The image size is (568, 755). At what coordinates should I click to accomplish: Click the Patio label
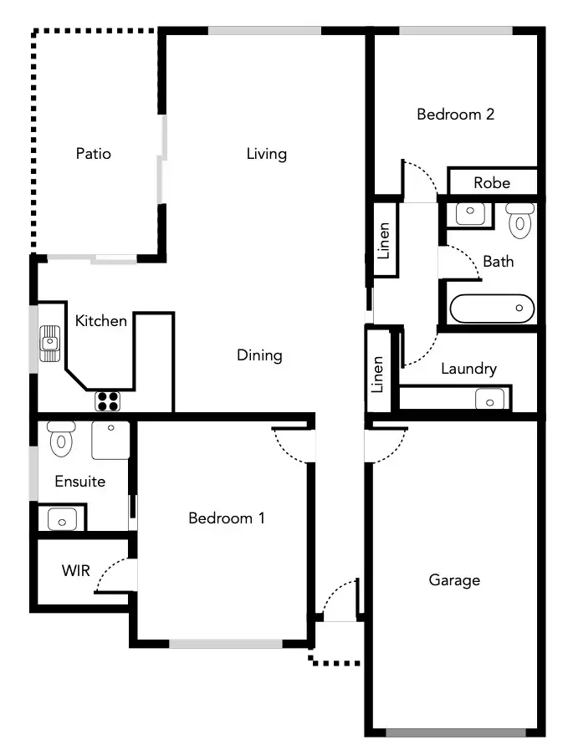(93, 154)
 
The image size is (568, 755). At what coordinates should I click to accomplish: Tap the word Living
(266, 154)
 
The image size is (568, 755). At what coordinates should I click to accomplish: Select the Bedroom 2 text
(455, 115)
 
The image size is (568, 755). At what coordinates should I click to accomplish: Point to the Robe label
(491, 182)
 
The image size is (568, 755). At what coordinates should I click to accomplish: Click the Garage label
(454, 579)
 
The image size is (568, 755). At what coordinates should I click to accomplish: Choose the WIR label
(74, 571)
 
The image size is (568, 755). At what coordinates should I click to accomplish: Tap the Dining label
(259, 355)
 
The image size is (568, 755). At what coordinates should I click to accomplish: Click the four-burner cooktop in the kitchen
(108, 401)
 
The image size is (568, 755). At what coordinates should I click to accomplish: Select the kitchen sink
(51, 343)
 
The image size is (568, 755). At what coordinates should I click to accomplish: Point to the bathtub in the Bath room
(492, 309)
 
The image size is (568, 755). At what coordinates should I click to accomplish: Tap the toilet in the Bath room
(520, 219)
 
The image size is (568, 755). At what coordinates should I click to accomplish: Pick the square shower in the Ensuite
(110, 440)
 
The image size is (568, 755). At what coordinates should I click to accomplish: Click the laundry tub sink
(490, 400)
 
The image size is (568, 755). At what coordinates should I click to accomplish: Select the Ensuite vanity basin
(62, 519)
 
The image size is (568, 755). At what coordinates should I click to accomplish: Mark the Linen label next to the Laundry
(378, 375)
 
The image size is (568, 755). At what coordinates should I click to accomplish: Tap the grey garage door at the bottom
(456, 733)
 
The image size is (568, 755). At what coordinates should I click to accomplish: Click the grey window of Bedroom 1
(225, 644)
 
